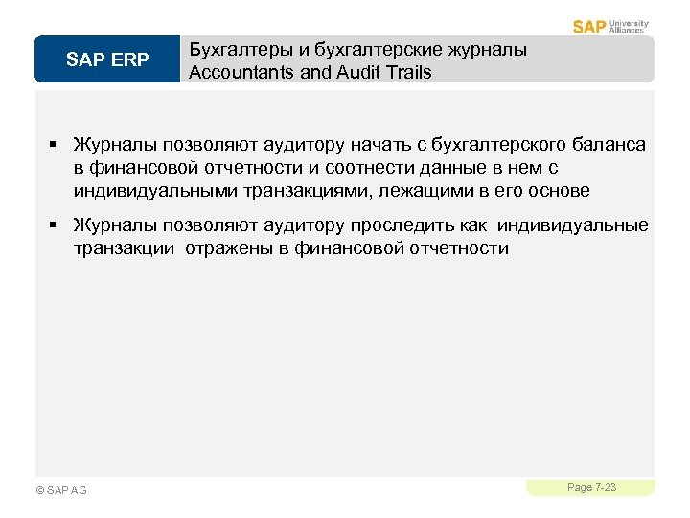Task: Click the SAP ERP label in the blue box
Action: [107, 60]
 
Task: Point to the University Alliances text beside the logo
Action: [629, 26]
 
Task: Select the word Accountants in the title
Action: [241, 72]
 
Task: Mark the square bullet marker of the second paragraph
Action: [55, 226]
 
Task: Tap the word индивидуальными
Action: [154, 191]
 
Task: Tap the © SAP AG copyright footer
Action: [60, 490]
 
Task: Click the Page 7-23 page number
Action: [591, 488]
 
